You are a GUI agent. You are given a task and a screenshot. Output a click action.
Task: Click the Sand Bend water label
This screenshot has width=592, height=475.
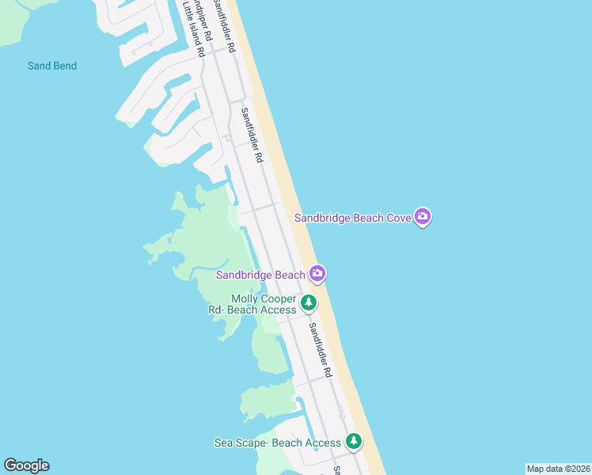coord(52,66)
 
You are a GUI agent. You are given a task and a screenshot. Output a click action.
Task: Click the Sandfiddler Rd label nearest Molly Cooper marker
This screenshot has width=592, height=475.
coord(319,348)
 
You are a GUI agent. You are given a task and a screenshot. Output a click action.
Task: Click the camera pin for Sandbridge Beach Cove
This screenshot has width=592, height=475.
coord(423,216)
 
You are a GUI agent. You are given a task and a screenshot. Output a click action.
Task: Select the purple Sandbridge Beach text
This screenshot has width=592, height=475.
coord(260,275)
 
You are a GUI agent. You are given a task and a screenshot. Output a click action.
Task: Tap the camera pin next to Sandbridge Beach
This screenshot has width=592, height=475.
coord(317,274)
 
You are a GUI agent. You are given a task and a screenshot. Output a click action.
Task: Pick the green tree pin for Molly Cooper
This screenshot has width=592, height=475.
coord(309,302)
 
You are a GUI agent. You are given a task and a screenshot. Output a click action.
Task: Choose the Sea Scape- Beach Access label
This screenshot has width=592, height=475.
coord(277,443)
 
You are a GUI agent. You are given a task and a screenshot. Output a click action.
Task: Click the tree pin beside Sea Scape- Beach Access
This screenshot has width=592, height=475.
coord(353,441)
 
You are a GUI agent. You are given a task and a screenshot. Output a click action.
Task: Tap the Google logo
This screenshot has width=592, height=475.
coord(26,465)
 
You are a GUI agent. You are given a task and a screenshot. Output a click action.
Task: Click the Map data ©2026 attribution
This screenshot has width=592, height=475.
coord(558,469)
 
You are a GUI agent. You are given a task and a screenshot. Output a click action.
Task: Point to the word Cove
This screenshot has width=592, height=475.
coord(397,218)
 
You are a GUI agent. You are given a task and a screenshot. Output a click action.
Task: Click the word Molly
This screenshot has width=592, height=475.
coord(245,298)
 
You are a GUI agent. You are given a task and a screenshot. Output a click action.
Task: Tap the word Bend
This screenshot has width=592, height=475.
coord(63,66)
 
